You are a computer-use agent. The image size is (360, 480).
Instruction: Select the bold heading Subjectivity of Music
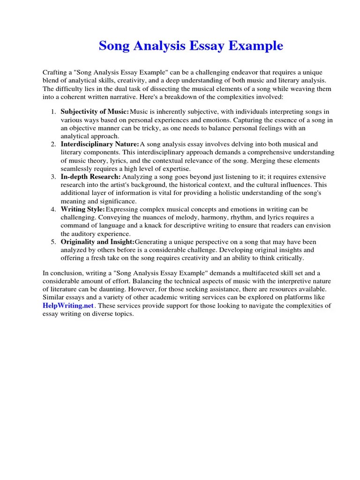point(95,112)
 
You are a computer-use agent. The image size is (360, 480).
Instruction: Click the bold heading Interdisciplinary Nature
point(100,144)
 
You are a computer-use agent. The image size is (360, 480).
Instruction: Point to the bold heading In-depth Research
point(91,177)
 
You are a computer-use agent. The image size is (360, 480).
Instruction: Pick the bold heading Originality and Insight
point(97,242)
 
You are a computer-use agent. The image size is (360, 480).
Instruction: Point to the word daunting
point(104,289)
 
